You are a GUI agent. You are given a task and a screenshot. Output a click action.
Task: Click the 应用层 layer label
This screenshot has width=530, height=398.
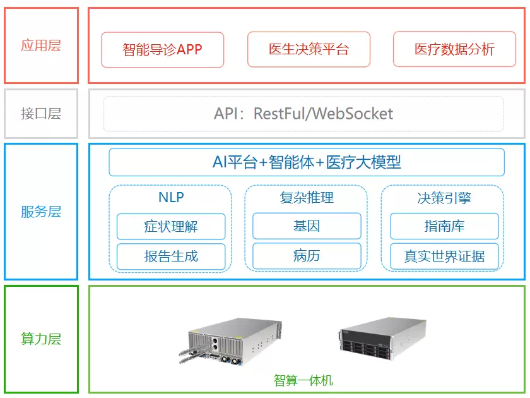click(41, 45)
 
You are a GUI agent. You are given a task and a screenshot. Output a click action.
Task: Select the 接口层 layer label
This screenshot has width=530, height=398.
click(41, 114)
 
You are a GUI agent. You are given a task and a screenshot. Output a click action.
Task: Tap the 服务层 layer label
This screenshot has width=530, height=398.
click(41, 212)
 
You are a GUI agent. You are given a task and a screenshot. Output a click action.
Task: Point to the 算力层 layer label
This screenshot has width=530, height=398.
click(41, 339)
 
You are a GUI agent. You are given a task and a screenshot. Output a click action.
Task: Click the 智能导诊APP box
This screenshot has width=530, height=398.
click(163, 50)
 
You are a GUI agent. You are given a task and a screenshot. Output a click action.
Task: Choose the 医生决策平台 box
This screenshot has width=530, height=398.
click(309, 50)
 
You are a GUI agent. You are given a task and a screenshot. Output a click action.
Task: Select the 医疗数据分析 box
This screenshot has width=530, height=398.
click(454, 50)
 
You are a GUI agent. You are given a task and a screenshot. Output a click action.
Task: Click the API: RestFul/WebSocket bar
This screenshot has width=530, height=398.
click(303, 114)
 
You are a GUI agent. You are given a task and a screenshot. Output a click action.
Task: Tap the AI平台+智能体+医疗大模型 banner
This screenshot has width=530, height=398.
click(307, 162)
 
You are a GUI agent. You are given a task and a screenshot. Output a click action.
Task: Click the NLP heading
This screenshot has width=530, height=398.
click(171, 197)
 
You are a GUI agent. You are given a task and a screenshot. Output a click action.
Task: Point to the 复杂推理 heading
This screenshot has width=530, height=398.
click(307, 197)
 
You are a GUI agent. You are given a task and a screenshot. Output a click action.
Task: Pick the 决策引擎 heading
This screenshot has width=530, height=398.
click(444, 198)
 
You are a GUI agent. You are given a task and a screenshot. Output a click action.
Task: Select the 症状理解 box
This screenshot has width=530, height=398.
click(171, 226)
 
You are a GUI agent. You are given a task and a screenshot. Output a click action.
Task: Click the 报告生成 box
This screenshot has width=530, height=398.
click(171, 256)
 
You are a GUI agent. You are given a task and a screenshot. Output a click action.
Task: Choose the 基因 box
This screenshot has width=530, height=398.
click(307, 226)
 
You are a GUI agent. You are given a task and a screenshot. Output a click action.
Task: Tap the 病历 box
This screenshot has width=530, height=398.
click(307, 256)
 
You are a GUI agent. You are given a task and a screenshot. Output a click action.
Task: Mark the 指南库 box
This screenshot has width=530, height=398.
click(444, 226)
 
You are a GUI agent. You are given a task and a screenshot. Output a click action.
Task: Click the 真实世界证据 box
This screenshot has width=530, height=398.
click(444, 256)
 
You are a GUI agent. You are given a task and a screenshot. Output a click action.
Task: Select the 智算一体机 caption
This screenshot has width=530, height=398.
click(303, 380)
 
